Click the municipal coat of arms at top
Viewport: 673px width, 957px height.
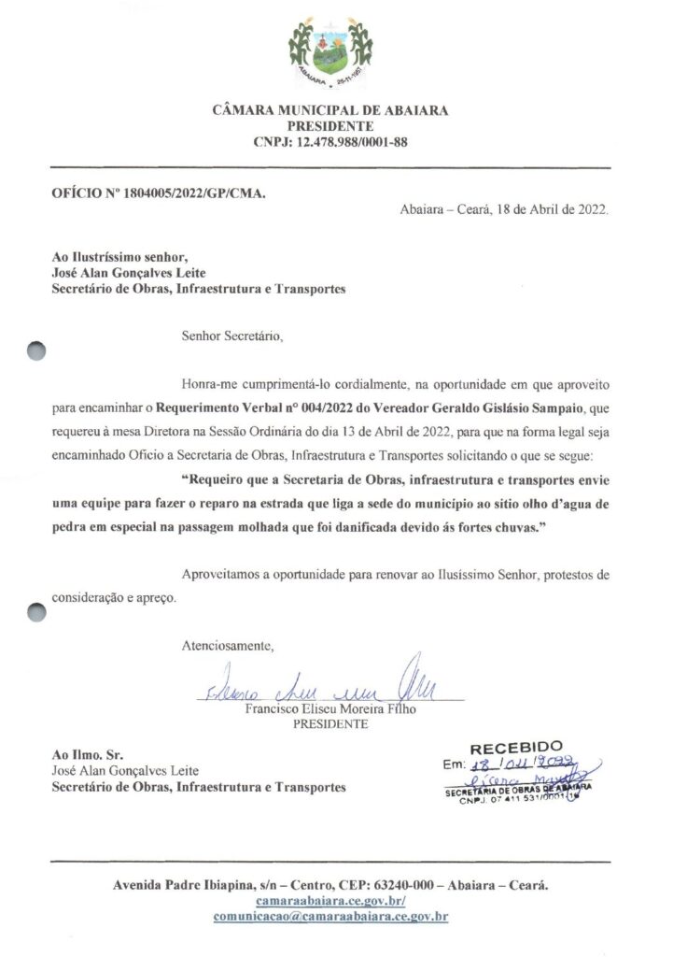tap(330, 50)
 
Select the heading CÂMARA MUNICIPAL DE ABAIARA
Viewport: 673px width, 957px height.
tap(330, 110)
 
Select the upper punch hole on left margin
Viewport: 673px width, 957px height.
tap(36, 350)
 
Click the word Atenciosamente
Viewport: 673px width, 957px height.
tap(229, 645)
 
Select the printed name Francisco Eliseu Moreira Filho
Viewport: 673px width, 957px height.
tap(330, 709)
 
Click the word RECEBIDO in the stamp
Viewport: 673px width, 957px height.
tap(516, 747)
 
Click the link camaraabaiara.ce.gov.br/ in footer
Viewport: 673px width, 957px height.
tap(330, 900)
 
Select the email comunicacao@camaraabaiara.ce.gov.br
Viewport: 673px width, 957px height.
tap(330, 917)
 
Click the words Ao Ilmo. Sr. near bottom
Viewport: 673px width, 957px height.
tap(84, 754)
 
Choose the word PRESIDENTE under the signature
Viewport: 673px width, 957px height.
tap(330, 723)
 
